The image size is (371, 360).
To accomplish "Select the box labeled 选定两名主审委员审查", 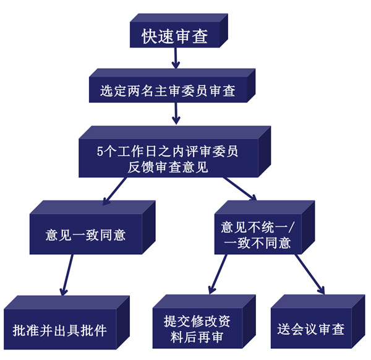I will tap(168, 90).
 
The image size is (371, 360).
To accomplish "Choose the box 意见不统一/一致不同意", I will tap(257, 235).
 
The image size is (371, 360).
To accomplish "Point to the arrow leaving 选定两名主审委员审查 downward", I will tap(177, 113).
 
